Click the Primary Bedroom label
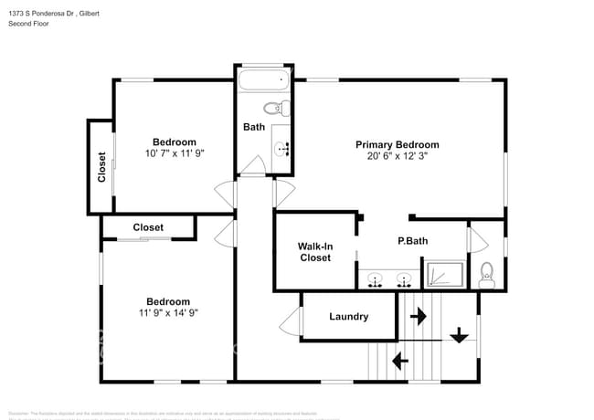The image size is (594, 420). click(x=397, y=144)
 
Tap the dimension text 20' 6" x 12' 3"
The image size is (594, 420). click(x=397, y=156)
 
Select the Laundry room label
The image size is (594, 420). click(x=348, y=317)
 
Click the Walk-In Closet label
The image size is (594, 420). click(x=315, y=252)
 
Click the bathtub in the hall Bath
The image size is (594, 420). click(x=263, y=83)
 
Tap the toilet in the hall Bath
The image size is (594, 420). click(x=285, y=109)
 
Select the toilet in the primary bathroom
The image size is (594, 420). click(x=486, y=274)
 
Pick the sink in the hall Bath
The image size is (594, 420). click(x=282, y=147)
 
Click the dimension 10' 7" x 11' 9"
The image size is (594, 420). click(x=174, y=153)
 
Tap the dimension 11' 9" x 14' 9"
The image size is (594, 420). click(x=168, y=313)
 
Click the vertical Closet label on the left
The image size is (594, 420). click(x=101, y=165)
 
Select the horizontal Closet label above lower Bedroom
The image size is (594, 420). click(x=148, y=227)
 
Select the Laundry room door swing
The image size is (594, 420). click(x=292, y=320)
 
